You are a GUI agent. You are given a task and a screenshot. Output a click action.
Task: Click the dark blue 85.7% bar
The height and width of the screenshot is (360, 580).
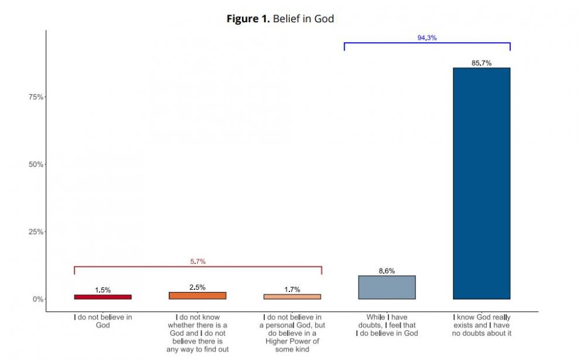coord(481,183)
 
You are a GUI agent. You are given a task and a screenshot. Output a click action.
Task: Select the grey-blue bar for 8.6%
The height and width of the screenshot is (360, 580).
coord(387,287)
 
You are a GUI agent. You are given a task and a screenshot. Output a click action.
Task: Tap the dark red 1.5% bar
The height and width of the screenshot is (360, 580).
coord(103,297)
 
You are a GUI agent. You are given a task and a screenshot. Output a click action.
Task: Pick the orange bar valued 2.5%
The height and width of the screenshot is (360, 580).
coord(197,296)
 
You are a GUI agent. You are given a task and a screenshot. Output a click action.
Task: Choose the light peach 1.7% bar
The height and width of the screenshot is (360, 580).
coord(292,297)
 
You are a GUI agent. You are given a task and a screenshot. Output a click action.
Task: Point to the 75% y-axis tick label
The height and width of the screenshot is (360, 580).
coord(36,97)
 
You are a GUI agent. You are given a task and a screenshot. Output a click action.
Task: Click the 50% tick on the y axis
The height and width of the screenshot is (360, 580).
coord(36,164)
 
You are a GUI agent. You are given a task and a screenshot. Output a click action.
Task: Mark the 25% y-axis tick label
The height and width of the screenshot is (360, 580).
coord(36,232)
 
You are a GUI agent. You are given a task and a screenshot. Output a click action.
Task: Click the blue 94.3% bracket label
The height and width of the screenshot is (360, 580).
coord(427,37)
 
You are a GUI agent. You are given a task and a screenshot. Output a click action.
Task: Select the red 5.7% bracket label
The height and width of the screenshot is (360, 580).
coord(198,262)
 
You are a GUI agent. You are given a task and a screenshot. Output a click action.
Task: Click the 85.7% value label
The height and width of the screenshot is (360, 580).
coord(481,63)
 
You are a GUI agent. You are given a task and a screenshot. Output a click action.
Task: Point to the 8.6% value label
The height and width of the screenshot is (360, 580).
coord(387,271)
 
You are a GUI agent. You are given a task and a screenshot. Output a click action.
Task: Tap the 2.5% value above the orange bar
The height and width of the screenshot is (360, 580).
coord(197,287)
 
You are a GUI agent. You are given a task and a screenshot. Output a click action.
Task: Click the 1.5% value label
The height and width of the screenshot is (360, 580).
coord(103,290)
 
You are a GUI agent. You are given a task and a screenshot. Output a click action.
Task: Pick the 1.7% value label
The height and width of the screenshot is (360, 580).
coord(292,289)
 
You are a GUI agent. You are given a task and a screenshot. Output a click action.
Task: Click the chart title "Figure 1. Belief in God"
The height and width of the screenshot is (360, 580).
coord(280,19)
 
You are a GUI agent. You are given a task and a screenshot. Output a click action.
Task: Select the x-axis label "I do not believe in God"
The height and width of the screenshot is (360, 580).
coord(103,321)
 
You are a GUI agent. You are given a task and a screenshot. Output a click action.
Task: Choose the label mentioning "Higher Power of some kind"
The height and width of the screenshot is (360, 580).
coord(292,333)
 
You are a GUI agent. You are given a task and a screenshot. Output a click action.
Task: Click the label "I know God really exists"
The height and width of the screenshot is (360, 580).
coord(482,325)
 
